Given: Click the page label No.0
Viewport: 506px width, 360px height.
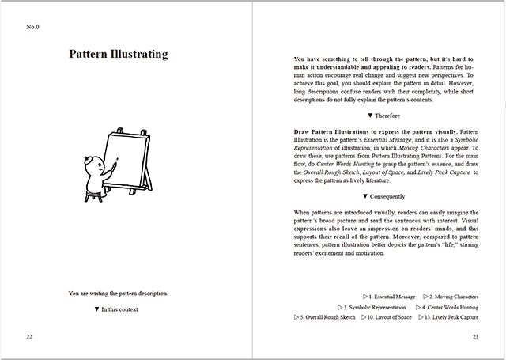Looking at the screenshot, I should [33, 28].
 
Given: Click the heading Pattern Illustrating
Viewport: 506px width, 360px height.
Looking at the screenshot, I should [119, 55].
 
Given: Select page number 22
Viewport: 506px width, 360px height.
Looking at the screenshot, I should [29, 337].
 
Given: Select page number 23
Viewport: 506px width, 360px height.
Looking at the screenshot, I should [476, 337].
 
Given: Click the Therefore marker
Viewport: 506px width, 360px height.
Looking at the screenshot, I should [383, 115].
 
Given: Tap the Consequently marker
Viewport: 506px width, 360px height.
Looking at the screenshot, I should [383, 196].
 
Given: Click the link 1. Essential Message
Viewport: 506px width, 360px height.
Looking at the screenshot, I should [391, 296].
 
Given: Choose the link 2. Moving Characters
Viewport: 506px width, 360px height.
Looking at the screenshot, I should [451, 296].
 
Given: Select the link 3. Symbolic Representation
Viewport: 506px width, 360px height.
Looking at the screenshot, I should [372, 307].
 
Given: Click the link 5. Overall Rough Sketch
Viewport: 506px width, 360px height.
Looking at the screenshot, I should [325, 317].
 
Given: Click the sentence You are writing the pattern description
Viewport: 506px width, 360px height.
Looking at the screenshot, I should [119, 294].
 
